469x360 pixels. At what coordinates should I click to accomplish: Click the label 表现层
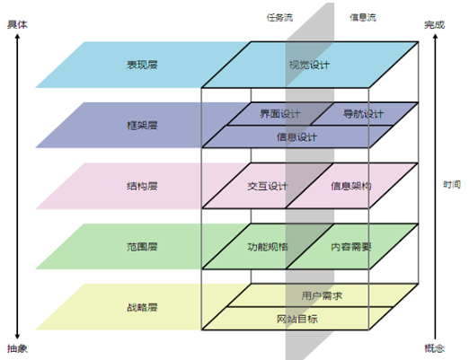pyautogui.click(x=142, y=65)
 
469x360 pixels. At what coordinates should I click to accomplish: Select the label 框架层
pyautogui.click(x=142, y=125)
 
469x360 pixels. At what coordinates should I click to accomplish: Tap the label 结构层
pyautogui.click(x=142, y=186)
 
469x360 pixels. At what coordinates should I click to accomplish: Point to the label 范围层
pyautogui.click(x=142, y=247)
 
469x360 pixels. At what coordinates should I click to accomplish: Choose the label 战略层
pyautogui.click(x=142, y=307)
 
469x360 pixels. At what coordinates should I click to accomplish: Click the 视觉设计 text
pyautogui.click(x=309, y=65)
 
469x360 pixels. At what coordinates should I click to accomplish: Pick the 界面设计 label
pyautogui.click(x=280, y=114)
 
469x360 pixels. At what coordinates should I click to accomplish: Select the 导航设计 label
pyautogui.click(x=363, y=114)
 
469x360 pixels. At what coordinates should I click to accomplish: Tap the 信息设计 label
pyautogui.click(x=296, y=137)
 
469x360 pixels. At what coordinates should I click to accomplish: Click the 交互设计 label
pyautogui.click(x=268, y=186)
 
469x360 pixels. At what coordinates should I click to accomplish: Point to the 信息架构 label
pyautogui.click(x=351, y=186)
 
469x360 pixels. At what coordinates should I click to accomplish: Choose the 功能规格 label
pyautogui.click(x=268, y=247)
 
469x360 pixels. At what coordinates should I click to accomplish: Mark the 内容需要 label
pyautogui.click(x=351, y=247)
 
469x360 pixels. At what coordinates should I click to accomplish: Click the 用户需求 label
pyautogui.click(x=322, y=295)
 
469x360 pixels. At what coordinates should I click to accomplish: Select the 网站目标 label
pyautogui.click(x=296, y=319)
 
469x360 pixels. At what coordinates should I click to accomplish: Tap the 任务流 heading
pyautogui.click(x=279, y=17)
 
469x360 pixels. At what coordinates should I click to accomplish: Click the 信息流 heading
pyautogui.click(x=363, y=17)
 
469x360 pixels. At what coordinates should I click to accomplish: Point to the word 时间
pyautogui.click(x=452, y=184)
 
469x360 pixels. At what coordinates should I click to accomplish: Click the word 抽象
pyautogui.click(x=17, y=348)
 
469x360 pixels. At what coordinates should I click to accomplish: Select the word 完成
pyautogui.click(x=435, y=24)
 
